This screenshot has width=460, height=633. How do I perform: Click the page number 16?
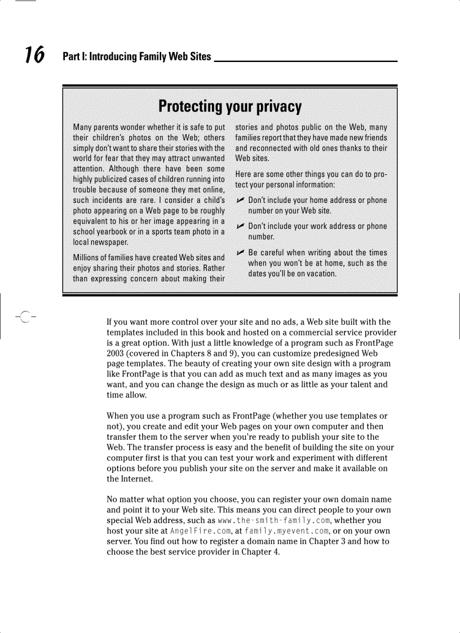[34, 55]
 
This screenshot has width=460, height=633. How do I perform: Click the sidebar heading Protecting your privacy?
[230, 107]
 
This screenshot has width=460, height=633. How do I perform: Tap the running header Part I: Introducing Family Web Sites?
[137, 56]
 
